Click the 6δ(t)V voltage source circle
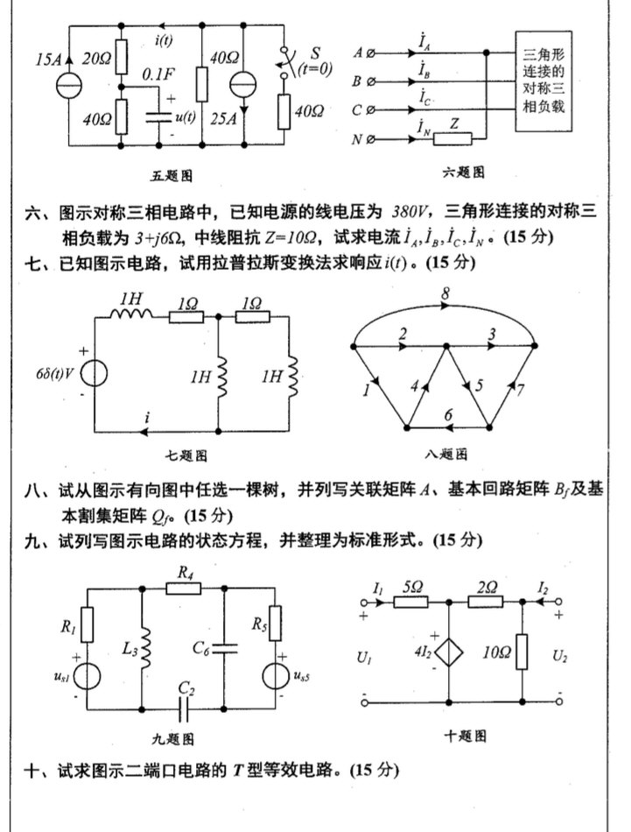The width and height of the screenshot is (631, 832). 93,373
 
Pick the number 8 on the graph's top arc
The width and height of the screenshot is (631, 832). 445,298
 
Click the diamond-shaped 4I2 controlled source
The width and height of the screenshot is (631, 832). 447,654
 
